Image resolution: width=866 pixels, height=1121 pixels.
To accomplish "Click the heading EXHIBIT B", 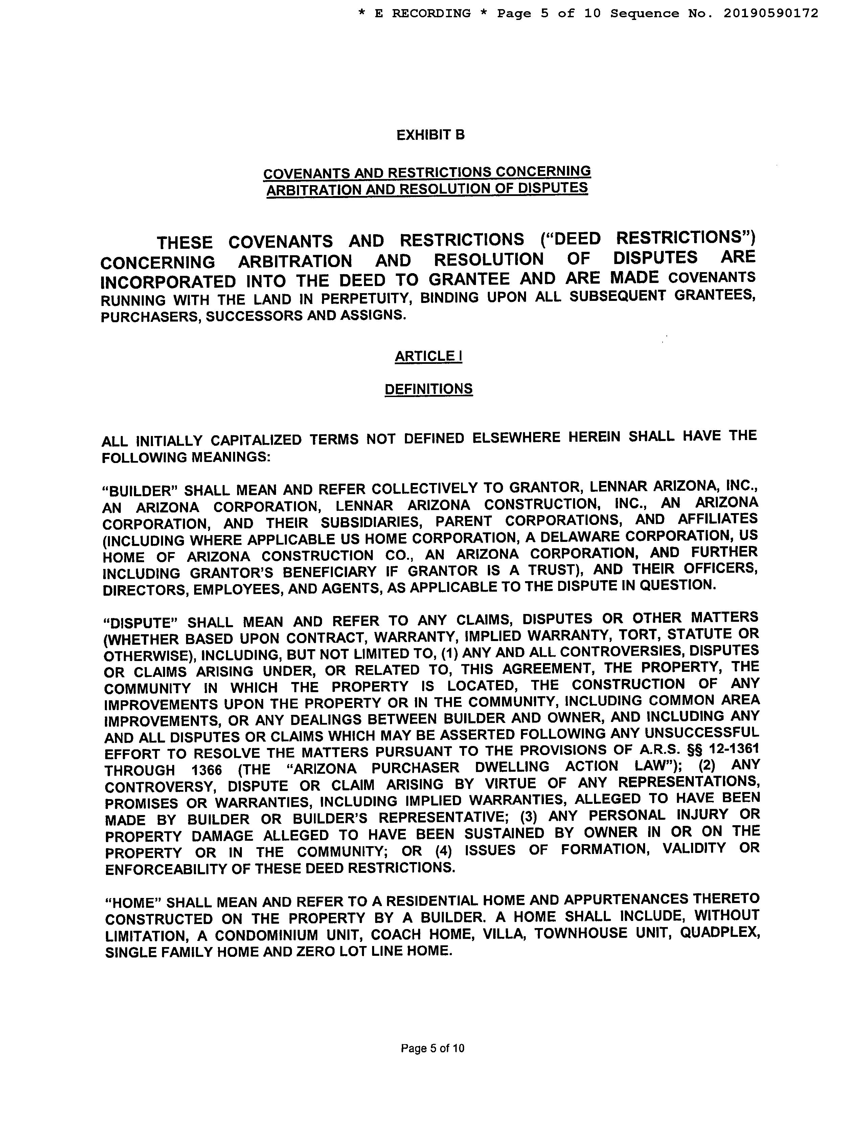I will [x=430, y=135].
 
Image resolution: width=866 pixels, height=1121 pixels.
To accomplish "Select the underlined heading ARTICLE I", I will [x=428, y=356].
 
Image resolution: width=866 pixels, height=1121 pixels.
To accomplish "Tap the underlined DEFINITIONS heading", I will [x=428, y=389].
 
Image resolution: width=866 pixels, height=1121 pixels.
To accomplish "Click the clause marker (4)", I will [x=443, y=851].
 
